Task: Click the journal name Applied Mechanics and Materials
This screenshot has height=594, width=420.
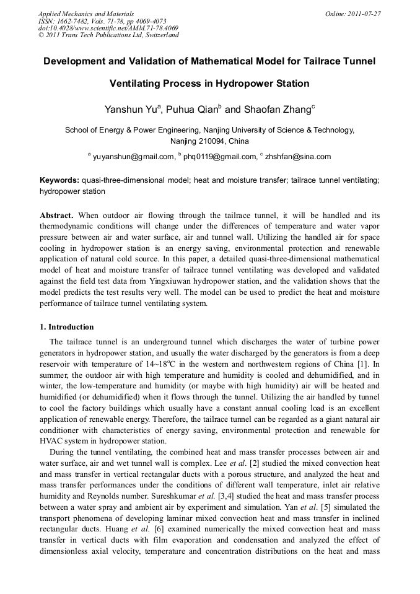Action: (86, 14)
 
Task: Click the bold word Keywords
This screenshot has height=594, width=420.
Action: (59, 180)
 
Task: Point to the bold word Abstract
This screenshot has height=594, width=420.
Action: (57, 216)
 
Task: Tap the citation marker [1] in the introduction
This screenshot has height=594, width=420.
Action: (367, 364)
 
